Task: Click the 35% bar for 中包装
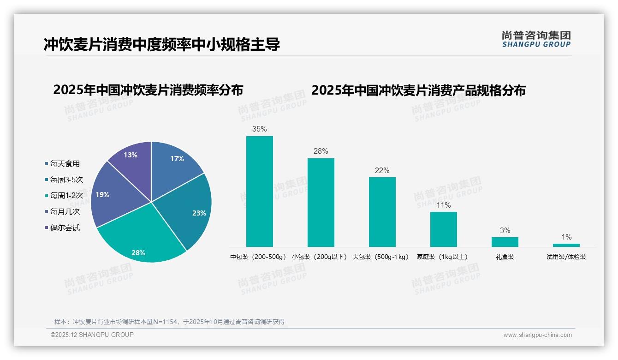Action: click(x=259, y=192)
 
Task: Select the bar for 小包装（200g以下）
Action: click(x=321, y=203)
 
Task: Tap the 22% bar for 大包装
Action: click(x=382, y=212)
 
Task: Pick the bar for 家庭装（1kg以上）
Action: click(x=443, y=229)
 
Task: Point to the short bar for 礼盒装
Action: click(x=505, y=242)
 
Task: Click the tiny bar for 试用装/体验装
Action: click(x=566, y=245)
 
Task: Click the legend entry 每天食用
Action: click(x=65, y=163)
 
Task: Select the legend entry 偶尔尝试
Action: click(x=65, y=228)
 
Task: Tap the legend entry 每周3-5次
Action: click(x=66, y=180)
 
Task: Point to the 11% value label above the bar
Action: click(x=444, y=205)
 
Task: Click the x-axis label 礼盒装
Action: click(x=505, y=257)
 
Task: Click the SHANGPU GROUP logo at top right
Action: click(x=536, y=39)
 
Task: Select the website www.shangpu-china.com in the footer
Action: click(x=537, y=335)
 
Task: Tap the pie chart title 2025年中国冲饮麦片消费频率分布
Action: click(x=148, y=90)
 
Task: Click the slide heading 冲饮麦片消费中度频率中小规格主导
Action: click(x=162, y=45)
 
